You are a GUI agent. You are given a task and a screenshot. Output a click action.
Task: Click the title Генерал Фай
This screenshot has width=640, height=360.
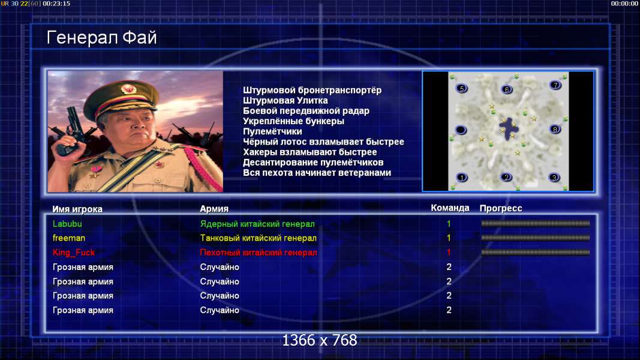[101, 38]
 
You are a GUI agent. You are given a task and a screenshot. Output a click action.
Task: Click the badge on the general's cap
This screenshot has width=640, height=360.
[128, 89]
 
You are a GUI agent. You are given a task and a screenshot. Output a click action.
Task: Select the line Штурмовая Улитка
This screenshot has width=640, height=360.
[286, 100]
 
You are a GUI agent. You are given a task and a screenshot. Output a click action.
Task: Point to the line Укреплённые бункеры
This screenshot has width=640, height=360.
[293, 121]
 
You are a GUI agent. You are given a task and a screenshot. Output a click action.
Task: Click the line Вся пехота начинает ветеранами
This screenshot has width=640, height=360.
[317, 173]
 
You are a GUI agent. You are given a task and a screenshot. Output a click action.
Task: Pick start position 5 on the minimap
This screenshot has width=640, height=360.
[462, 88]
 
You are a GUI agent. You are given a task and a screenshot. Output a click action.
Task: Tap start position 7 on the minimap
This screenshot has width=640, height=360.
[555, 85]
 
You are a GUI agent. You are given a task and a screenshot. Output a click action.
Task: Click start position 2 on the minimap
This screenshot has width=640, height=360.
[506, 177]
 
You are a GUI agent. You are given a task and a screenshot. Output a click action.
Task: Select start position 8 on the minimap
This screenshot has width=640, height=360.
[555, 130]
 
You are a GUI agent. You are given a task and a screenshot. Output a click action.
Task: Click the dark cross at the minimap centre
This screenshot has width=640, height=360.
[509, 128]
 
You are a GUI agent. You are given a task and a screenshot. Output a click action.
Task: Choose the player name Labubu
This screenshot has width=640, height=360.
[67, 224]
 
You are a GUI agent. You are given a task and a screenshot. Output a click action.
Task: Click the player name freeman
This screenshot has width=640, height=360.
[69, 238]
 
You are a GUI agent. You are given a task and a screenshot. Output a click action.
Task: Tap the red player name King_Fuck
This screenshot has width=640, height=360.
[73, 253]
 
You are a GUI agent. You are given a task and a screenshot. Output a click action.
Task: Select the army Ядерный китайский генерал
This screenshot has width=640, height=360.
[257, 224]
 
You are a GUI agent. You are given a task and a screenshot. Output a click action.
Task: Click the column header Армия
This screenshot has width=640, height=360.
[214, 209]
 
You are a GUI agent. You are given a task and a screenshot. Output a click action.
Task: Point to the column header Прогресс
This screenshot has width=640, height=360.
[501, 208]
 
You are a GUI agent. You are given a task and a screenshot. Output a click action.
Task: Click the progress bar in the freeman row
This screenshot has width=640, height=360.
[535, 238]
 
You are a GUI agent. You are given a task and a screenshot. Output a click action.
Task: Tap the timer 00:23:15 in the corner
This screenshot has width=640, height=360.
[56, 3]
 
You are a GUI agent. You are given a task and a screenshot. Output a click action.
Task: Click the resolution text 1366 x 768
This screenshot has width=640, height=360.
[320, 340]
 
